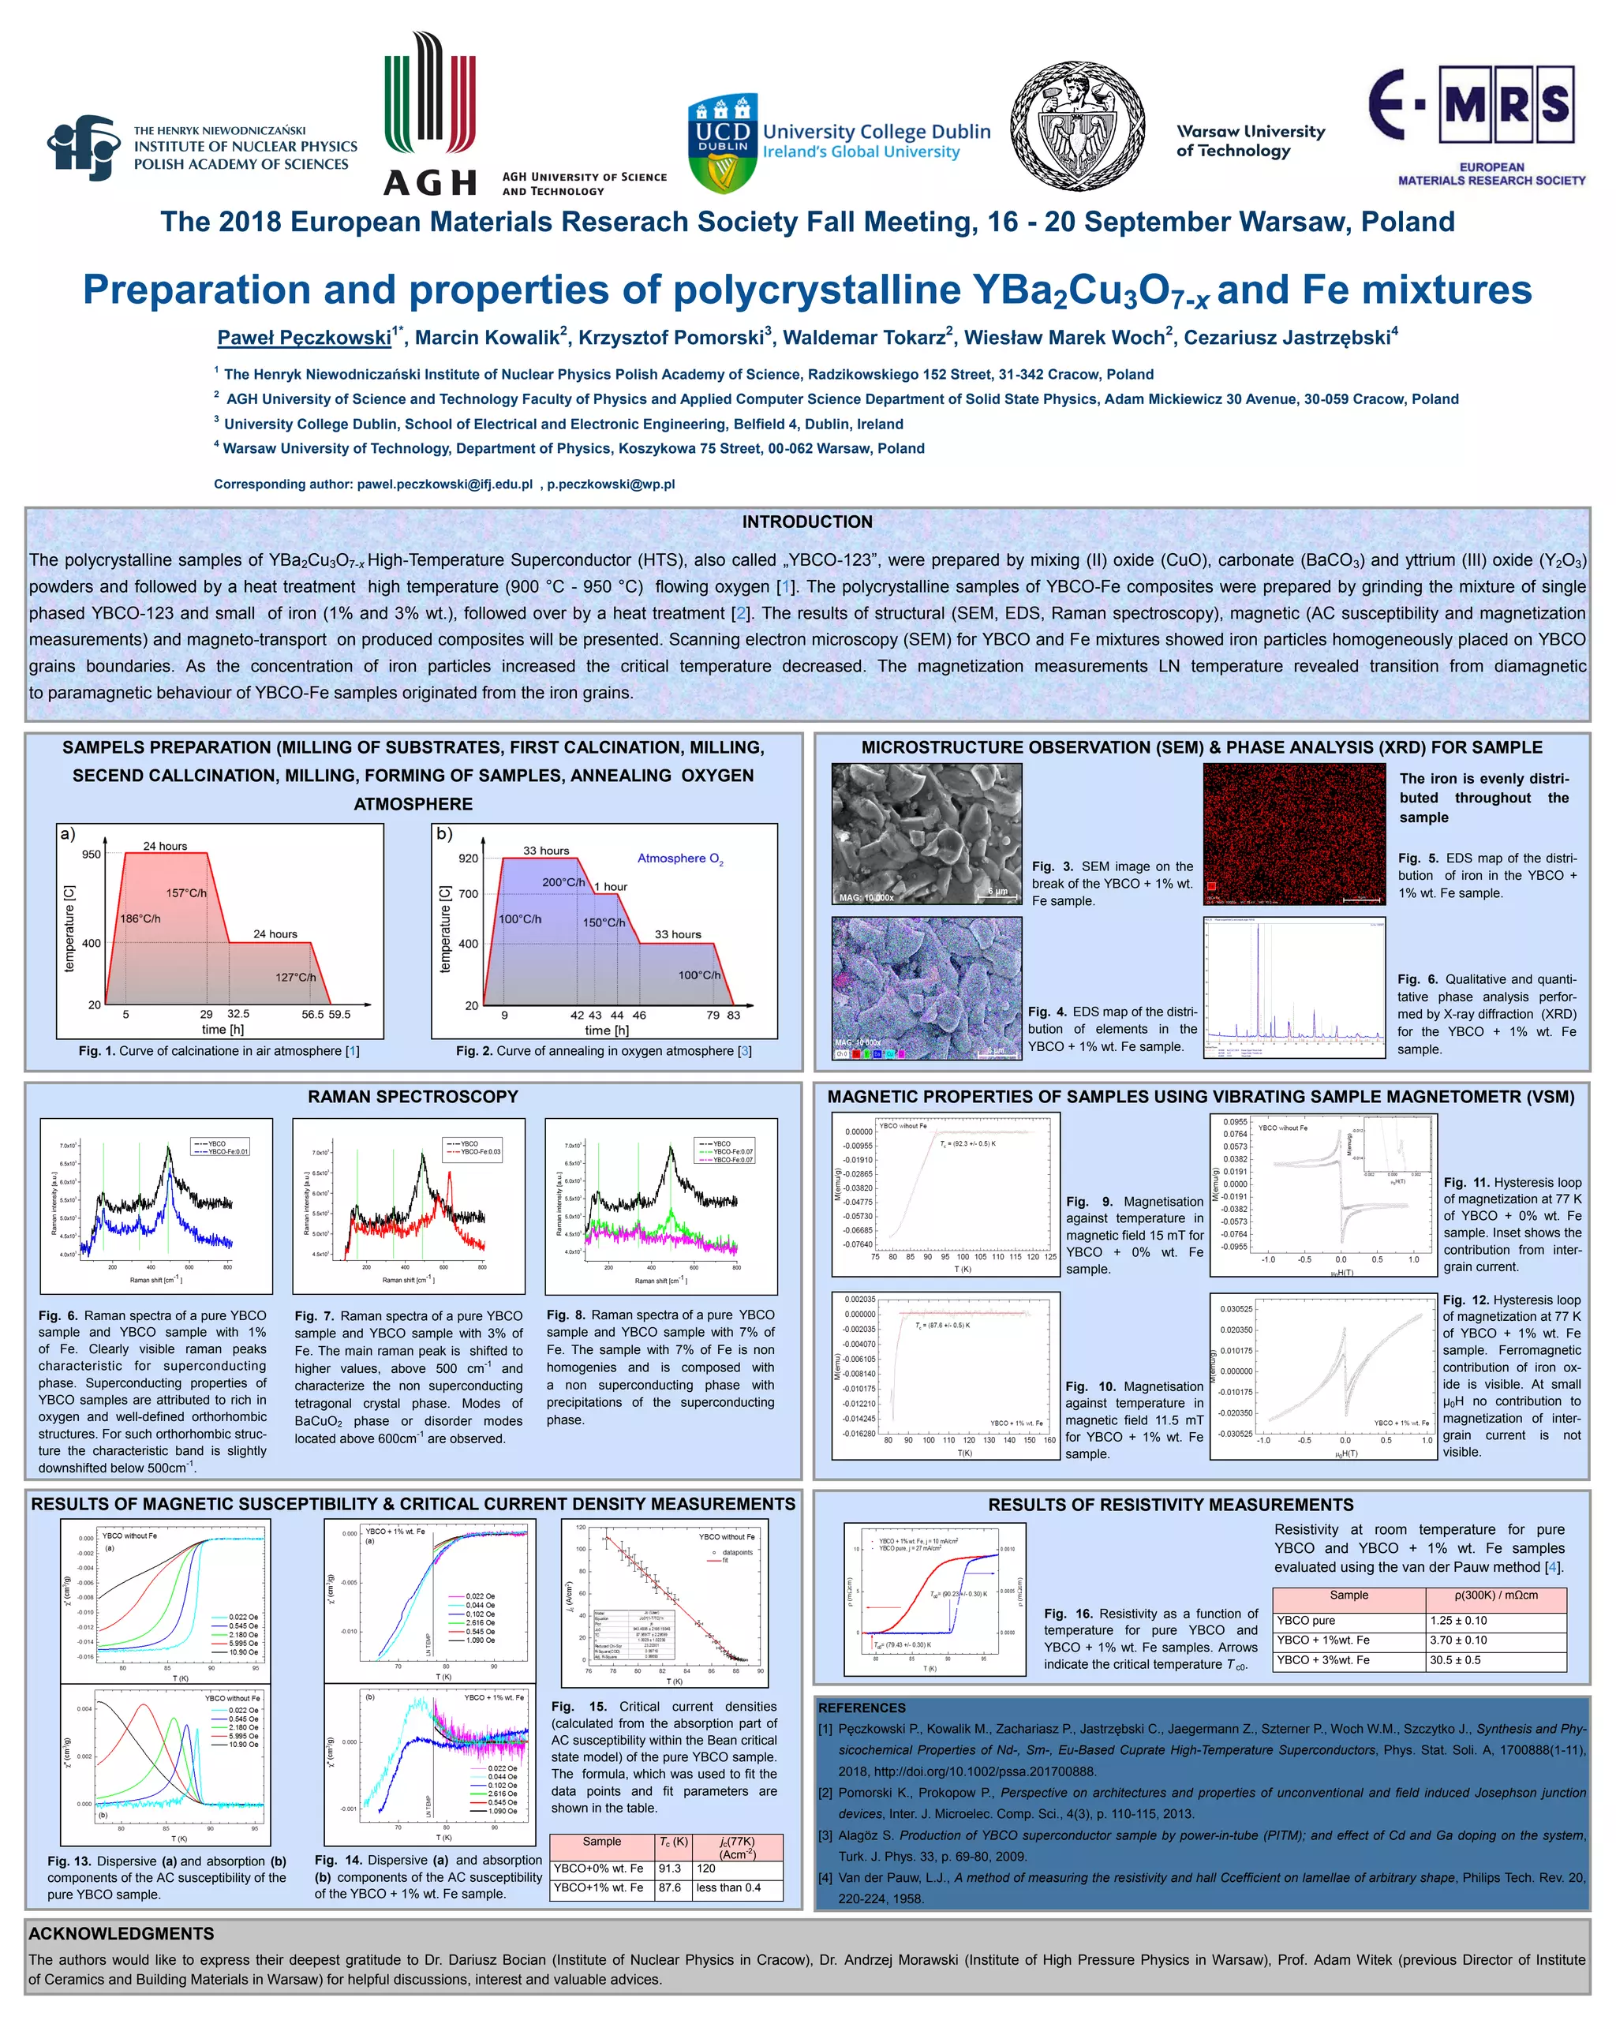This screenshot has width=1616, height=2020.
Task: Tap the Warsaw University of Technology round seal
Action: pos(1077,127)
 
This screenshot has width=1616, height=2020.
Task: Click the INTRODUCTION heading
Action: pos(806,522)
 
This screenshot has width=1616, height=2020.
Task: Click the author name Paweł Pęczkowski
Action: pos(305,337)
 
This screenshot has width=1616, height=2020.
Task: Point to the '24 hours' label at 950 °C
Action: pos(165,846)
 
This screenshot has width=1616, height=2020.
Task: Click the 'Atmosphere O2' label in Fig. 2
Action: pos(680,858)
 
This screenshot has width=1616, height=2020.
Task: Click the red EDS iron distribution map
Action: pos(1294,833)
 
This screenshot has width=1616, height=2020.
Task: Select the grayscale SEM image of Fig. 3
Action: pos(926,833)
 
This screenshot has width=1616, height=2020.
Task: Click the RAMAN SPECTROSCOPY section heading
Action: pos(413,1096)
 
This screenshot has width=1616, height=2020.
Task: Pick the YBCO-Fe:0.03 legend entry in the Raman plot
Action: pos(480,1151)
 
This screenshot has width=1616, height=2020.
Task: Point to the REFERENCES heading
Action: pos(862,1708)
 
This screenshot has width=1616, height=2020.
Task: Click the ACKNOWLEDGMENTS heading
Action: pos(122,1933)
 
